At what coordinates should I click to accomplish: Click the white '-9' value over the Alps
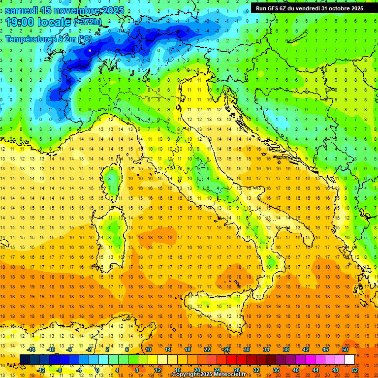pyautogui.click(x=89, y=51)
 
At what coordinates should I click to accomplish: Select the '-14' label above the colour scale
pyautogui.click(x=31, y=349)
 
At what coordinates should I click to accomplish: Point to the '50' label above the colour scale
pyautogui.click(x=345, y=349)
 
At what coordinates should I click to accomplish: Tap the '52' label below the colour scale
pyautogui.click(x=355, y=370)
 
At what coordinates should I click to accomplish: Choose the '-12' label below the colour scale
pyautogui.click(x=41, y=370)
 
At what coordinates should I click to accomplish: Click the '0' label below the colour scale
pyautogui.click(x=98, y=370)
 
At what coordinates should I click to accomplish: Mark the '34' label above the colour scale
pyautogui.click(x=266, y=349)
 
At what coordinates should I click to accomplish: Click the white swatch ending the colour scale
pyautogui.click(x=349, y=360)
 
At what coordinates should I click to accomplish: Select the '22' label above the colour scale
pyautogui.click(x=207, y=349)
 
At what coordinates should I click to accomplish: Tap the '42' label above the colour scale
pyautogui.click(x=306, y=349)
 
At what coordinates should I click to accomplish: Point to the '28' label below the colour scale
pyautogui.click(x=237, y=370)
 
